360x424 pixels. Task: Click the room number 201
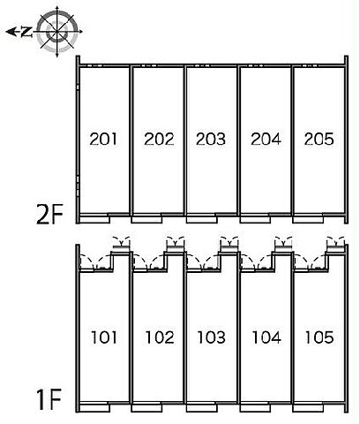coord(103,139)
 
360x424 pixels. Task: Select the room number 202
coord(159,139)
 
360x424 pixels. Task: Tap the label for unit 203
coord(211,139)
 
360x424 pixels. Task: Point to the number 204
coord(266,139)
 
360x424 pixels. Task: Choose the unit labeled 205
coord(319,139)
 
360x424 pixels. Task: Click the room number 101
coord(104,337)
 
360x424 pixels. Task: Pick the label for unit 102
coord(160,337)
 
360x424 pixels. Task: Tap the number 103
coord(211,337)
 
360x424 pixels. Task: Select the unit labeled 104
coord(266,337)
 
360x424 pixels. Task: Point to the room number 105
coord(319,337)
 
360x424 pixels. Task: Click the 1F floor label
coord(50,399)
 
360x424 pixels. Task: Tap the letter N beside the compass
coord(26,32)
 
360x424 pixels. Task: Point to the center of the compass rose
coord(56,32)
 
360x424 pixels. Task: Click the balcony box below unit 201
coord(94,219)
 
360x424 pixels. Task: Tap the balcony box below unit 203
coord(202,219)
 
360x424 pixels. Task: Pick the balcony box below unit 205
coord(308,219)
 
